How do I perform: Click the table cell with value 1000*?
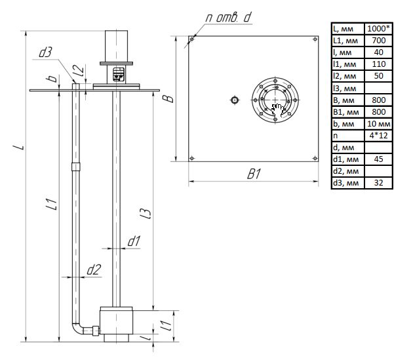point(378,28)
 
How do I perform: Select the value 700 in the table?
point(378,40)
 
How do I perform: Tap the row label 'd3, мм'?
point(346,183)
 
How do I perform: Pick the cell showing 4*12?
point(378,136)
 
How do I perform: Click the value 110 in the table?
point(378,64)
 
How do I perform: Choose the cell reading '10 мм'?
point(378,123)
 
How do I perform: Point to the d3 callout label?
point(45,52)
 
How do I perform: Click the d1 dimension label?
point(134,241)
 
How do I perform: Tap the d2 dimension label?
point(94,270)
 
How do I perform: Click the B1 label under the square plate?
point(254,174)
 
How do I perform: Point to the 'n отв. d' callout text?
point(228,18)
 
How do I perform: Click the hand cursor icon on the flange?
point(277,110)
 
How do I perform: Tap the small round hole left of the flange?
point(235,100)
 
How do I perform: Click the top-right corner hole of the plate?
point(315,39)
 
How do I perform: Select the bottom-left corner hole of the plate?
point(191,158)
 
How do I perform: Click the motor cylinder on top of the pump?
point(116,46)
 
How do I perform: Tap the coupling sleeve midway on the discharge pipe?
point(76,167)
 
